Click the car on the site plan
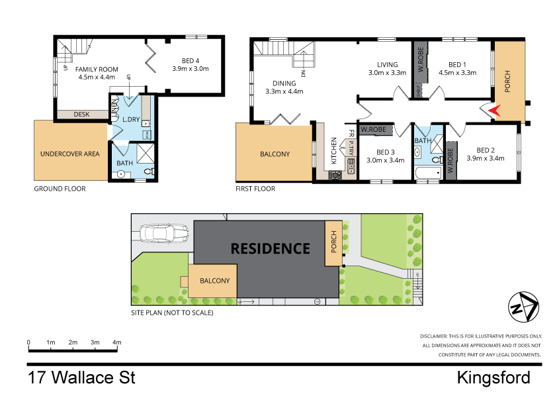coord(162,234)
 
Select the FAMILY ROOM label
coord(96,69)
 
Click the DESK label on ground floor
coord(81,115)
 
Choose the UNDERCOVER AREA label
coord(69,154)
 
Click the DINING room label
coord(284,83)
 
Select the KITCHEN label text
coord(334,151)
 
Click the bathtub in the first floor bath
coord(427,174)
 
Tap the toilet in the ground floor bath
coord(148,172)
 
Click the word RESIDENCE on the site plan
coord(270,249)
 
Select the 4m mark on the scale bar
coord(117,342)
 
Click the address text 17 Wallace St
coord(81,378)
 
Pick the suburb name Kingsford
coord(493,378)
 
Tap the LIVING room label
coord(387,65)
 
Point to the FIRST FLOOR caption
coord(255,189)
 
